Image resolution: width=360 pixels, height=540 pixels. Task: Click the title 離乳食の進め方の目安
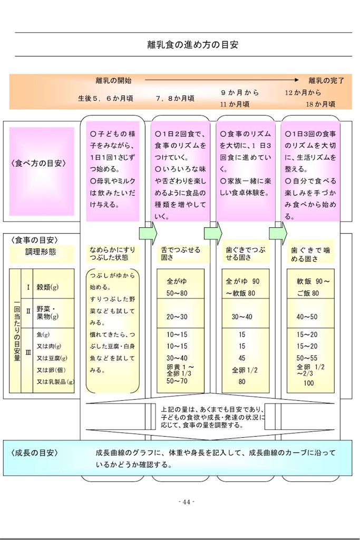(x=193, y=45)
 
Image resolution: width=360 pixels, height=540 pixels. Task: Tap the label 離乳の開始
(x=113, y=81)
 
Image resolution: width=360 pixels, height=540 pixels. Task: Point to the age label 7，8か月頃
(x=176, y=99)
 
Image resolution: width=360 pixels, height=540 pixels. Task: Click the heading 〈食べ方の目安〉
(x=38, y=163)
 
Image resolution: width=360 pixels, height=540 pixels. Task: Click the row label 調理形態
(x=41, y=252)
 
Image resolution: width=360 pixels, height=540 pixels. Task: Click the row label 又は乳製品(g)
(x=55, y=381)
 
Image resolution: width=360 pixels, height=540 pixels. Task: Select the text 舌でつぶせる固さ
(x=180, y=254)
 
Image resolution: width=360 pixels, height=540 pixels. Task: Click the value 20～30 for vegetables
(x=177, y=317)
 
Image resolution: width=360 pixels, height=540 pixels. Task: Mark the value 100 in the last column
(x=308, y=383)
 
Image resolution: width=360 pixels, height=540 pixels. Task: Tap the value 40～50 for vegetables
(x=307, y=317)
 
